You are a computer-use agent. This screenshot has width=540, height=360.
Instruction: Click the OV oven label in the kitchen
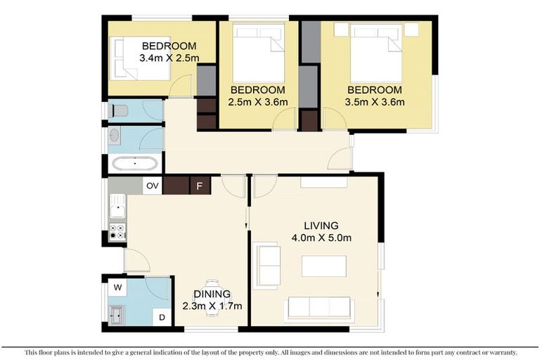pos(152,186)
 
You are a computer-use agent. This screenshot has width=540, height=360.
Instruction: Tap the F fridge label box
pos(200,186)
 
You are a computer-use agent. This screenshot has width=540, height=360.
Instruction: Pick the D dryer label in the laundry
pos(161,318)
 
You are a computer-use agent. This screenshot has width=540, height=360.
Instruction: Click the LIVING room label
pos(321,226)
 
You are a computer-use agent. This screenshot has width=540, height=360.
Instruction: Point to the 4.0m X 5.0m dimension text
pos(321,238)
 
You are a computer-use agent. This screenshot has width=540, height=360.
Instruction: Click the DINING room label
pos(212,294)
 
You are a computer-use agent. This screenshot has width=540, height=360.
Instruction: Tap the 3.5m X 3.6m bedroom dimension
pos(375,102)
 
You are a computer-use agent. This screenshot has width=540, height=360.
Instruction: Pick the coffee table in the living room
pos(324,266)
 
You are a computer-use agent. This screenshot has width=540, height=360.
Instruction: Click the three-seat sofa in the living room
pos(319,307)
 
